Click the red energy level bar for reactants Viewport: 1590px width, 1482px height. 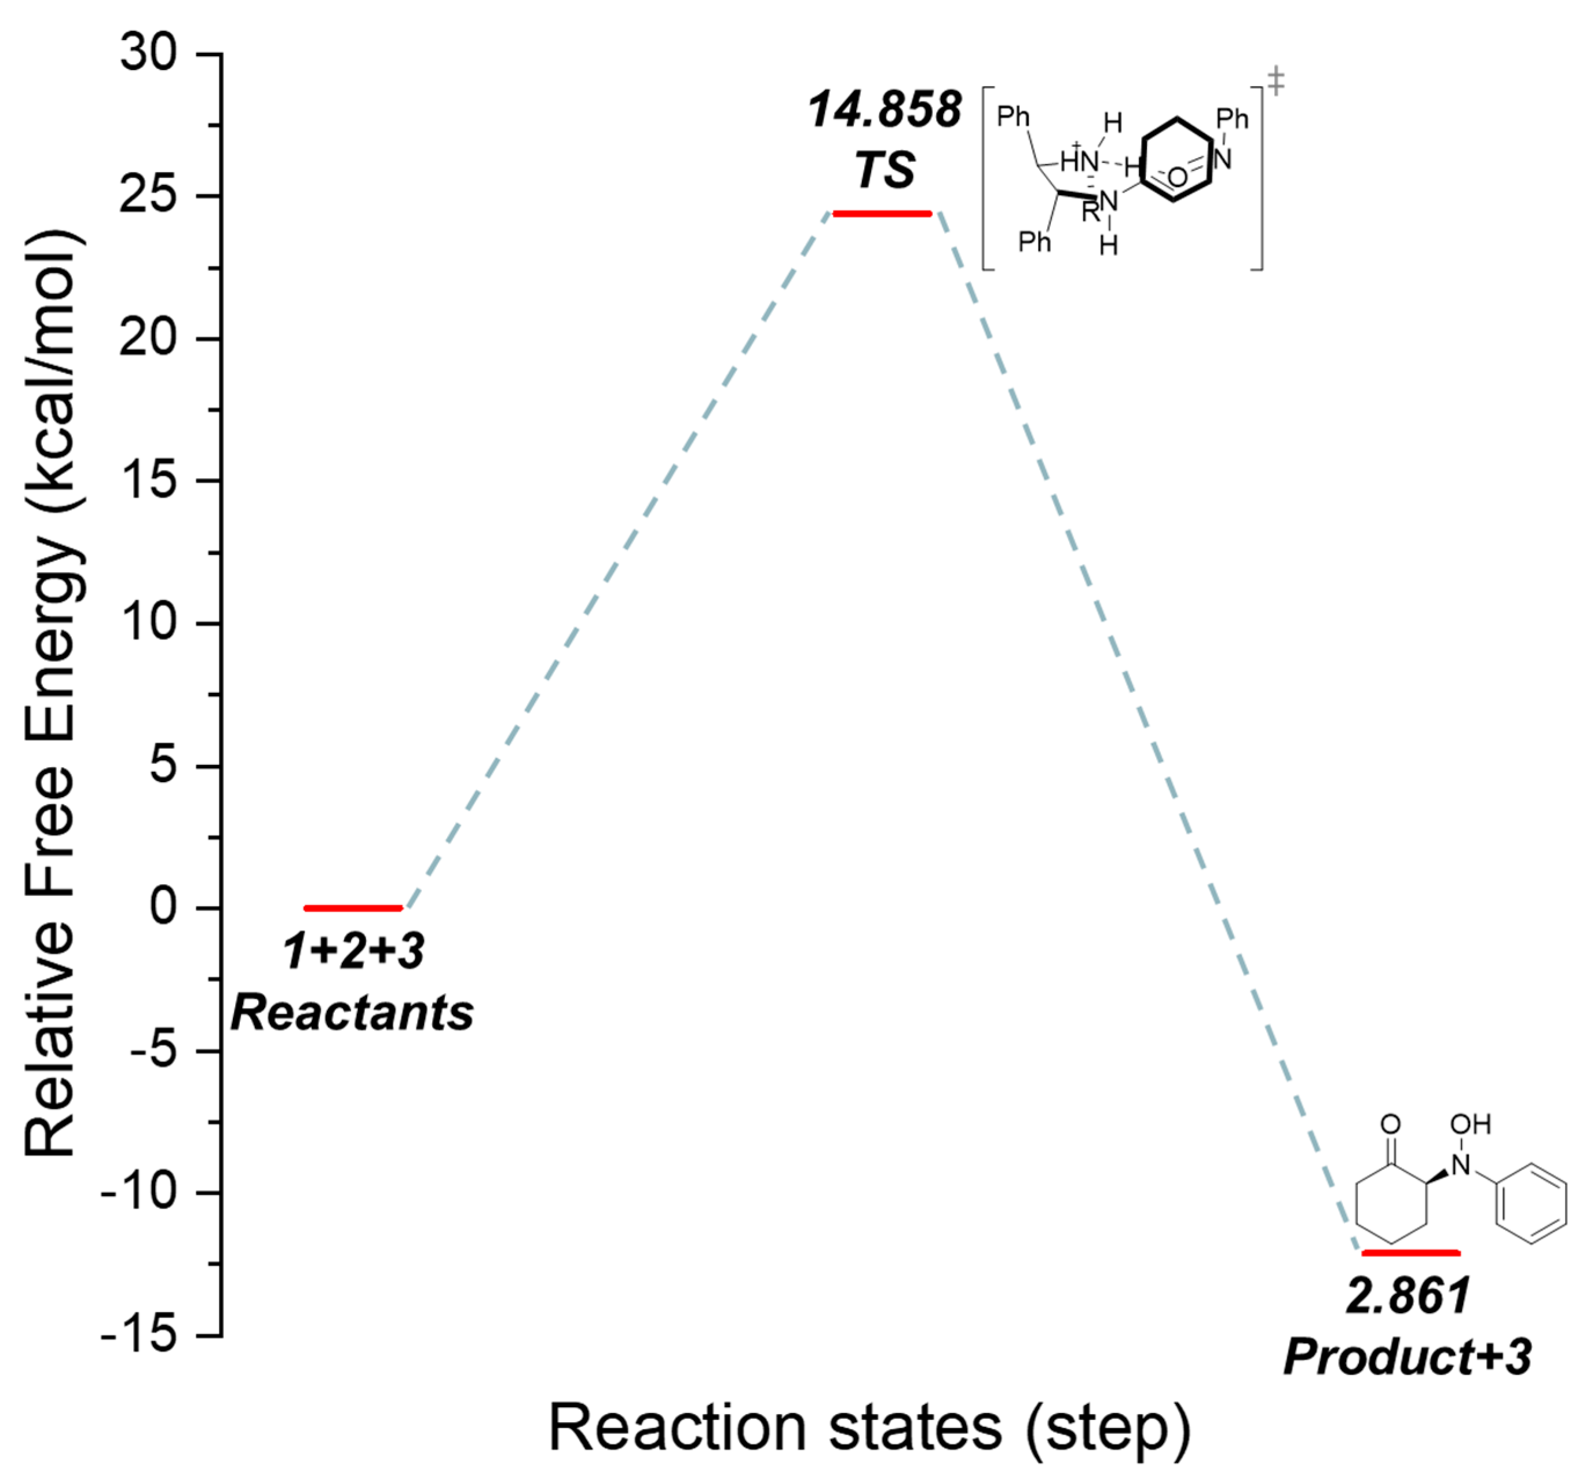pos(353,908)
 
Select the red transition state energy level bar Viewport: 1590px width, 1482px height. pos(882,214)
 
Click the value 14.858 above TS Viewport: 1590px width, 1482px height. pos(884,109)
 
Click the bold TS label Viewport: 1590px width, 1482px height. pos(884,170)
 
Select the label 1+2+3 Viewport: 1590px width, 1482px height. pos(353,952)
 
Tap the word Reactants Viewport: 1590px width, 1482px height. pos(353,1013)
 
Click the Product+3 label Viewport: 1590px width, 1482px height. pos(1408,1357)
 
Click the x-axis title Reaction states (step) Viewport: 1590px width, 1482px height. pos(869,1429)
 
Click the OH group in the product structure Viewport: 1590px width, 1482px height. pos(1470,1125)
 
